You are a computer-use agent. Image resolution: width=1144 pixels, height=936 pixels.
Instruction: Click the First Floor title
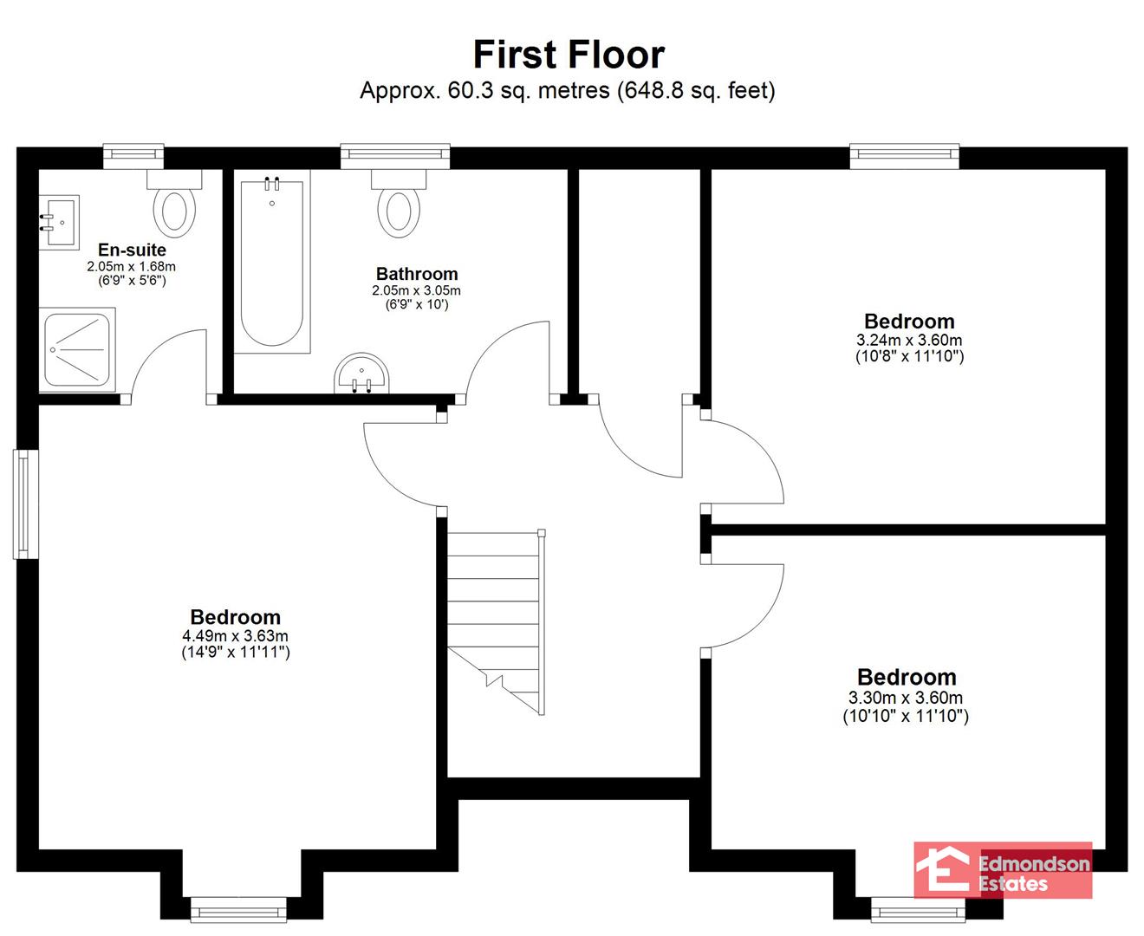(569, 55)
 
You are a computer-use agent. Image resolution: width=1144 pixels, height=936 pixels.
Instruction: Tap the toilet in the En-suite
(174, 204)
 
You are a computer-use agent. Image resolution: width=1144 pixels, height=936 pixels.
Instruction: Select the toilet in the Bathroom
(399, 204)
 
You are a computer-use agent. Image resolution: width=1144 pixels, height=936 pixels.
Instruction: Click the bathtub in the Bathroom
(272, 262)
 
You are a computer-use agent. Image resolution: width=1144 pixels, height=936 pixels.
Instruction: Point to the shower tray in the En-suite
(77, 350)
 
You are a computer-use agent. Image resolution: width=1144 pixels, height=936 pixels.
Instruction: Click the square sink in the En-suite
(59, 223)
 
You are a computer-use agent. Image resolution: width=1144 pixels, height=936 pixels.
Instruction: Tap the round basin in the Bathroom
(361, 374)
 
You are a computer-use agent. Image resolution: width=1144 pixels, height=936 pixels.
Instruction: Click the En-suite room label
(132, 250)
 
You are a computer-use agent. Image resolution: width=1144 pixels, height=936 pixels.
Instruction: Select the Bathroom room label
(417, 274)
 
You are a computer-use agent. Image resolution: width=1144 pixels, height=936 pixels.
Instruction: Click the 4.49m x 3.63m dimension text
(236, 635)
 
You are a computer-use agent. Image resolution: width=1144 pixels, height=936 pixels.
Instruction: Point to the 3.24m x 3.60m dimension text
(909, 341)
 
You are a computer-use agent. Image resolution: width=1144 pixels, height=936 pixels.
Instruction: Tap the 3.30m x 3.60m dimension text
(906, 698)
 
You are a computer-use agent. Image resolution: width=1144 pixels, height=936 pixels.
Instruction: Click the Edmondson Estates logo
(1003, 870)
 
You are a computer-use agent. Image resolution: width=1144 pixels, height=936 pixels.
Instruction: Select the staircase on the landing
(496, 622)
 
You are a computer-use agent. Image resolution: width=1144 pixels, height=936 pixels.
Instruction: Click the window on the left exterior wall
(25, 504)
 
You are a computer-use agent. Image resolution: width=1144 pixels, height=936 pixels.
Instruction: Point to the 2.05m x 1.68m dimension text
(131, 266)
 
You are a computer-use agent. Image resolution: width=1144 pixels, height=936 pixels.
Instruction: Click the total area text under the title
(568, 91)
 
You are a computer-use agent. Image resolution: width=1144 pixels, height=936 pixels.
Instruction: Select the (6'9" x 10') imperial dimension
(417, 304)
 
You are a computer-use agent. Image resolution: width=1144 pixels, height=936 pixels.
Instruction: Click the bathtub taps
(272, 184)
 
